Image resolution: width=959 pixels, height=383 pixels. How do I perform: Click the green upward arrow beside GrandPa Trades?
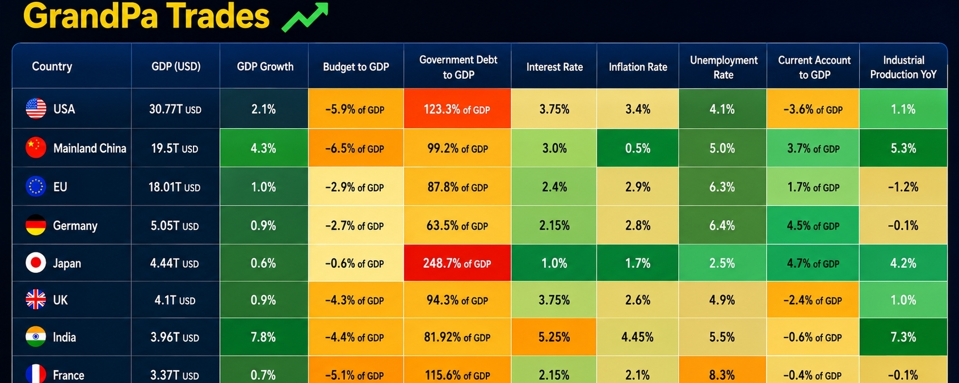[305, 17]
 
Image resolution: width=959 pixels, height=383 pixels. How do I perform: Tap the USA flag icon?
[36, 109]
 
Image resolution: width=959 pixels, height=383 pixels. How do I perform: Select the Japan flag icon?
[36, 263]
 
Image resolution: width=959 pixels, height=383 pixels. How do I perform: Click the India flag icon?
[36, 337]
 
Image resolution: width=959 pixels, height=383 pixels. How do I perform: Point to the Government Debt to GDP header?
[458, 67]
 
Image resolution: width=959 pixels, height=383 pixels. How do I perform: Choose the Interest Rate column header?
[554, 67]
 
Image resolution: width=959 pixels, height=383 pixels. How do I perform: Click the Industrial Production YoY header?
[903, 67]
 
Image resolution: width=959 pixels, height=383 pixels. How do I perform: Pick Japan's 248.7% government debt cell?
[457, 263]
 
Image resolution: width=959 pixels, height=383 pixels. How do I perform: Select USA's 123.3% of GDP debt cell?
[457, 109]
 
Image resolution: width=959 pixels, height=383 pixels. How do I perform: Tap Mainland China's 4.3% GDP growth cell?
[264, 148]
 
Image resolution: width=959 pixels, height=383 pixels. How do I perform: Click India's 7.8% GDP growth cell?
[264, 337]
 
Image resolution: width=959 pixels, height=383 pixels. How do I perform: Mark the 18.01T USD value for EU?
[174, 187]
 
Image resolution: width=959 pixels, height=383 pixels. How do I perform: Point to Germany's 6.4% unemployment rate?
[722, 225]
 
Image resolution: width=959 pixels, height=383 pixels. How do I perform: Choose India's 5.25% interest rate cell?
[554, 337]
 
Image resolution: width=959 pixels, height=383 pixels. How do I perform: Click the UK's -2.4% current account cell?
[813, 300]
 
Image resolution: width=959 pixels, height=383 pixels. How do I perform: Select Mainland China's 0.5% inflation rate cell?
[638, 148]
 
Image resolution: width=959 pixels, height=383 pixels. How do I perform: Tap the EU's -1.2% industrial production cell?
[903, 187]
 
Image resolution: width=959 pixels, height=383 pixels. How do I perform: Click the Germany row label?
[75, 225]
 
